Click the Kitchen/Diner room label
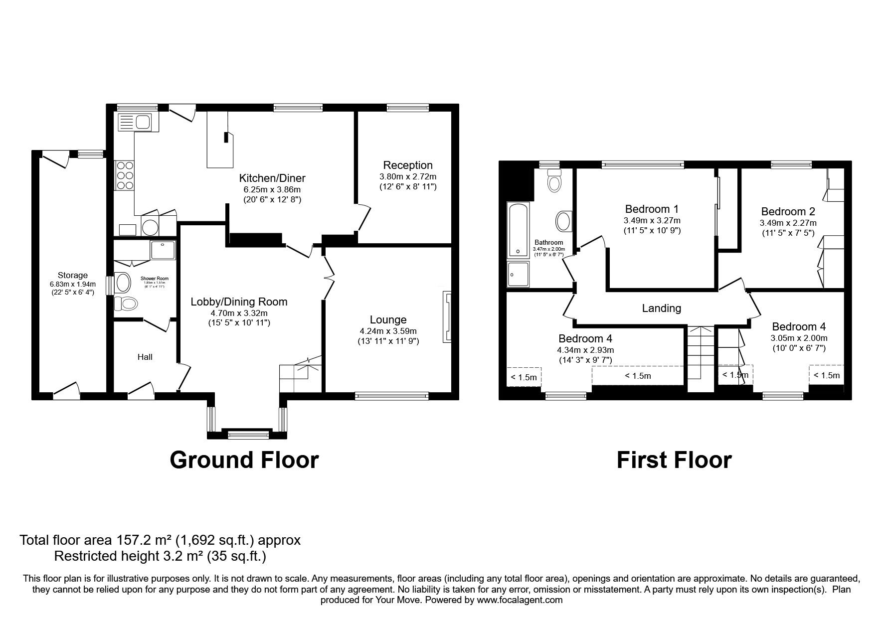pos(272,178)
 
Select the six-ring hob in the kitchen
pos(124,175)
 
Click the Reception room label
pos(407,165)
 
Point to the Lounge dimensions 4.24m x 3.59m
pos(388,331)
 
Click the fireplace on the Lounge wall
pos(447,317)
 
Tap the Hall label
pos(145,357)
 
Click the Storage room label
pos(72,275)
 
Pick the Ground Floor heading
pos(244,460)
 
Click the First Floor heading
pos(674,460)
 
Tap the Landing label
pos(661,308)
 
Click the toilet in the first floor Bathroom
pos(554,182)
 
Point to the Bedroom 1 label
pos(651,209)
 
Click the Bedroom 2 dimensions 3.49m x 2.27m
pos(788,223)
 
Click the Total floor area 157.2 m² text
pos(160,540)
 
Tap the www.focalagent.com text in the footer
pos(520,600)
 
